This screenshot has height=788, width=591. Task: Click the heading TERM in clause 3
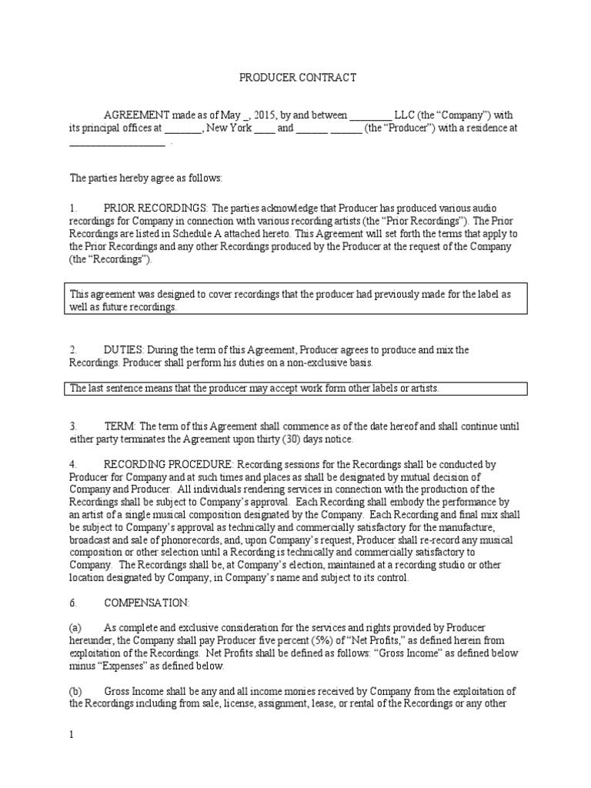[119, 426]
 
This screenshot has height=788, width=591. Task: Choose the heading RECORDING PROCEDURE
[169, 464]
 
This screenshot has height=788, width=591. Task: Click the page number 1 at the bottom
[72, 735]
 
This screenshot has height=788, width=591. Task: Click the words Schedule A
[232, 234]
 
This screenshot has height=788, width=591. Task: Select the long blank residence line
[117, 142]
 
